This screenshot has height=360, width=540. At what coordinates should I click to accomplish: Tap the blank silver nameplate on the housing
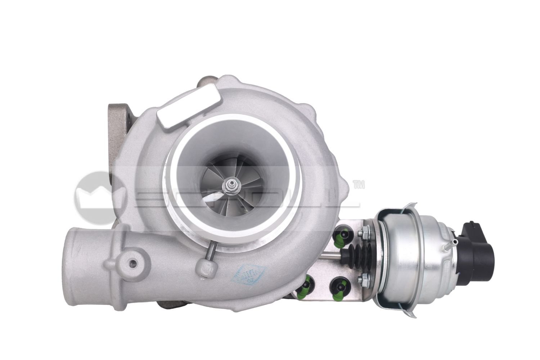pos(189,108)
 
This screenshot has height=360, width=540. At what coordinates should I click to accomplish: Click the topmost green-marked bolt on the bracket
pos(341,233)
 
